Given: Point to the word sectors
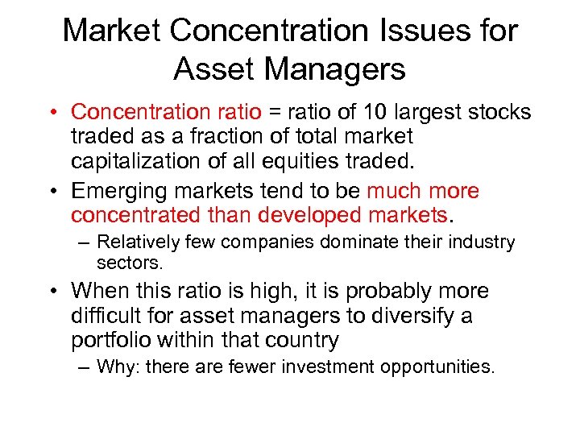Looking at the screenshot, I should point(130,262).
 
